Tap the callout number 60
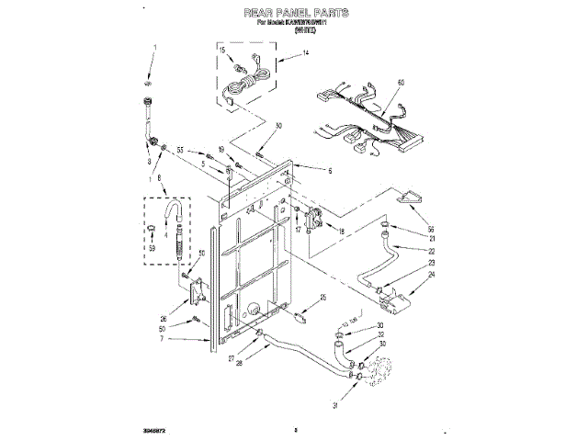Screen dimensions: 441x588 click(400, 84)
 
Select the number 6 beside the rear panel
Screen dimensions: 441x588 click(331, 170)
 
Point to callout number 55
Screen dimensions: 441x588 click(181, 150)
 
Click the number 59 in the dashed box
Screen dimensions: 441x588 click(153, 246)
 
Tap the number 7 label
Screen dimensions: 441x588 click(162, 339)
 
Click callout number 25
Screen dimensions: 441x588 click(322, 298)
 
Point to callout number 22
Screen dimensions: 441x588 click(431, 251)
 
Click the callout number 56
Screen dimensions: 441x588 click(431, 229)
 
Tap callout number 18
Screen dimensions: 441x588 click(342, 232)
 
